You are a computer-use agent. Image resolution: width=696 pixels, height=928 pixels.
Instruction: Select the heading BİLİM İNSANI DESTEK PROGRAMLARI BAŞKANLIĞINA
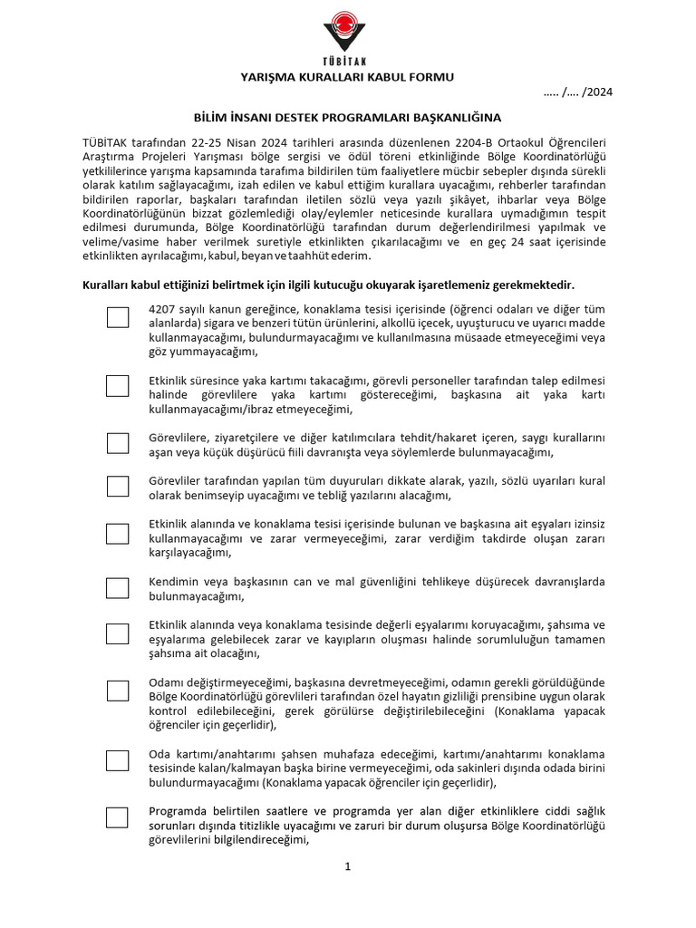[347, 118]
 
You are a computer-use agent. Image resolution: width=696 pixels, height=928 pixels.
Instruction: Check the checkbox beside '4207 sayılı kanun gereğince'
[118, 317]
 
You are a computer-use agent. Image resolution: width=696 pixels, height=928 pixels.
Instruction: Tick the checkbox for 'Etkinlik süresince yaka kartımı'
[118, 386]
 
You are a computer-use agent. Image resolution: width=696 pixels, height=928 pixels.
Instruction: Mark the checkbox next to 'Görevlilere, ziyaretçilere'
[118, 442]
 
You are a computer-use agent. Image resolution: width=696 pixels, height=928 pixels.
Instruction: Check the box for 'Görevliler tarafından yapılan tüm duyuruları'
[118, 487]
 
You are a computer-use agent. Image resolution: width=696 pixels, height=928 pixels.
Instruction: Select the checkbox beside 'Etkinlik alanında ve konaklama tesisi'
[118, 534]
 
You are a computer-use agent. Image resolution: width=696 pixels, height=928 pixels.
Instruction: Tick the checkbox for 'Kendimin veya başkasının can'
[118, 588]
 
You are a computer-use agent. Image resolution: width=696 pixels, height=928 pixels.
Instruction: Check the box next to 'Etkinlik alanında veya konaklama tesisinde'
[118, 634]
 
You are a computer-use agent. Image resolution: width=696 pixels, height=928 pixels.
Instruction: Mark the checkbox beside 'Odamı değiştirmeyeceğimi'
[118, 691]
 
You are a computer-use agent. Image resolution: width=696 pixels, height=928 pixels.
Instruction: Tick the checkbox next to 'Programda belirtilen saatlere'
[118, 817]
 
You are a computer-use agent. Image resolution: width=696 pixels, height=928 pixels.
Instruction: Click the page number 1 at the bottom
[347, 867]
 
